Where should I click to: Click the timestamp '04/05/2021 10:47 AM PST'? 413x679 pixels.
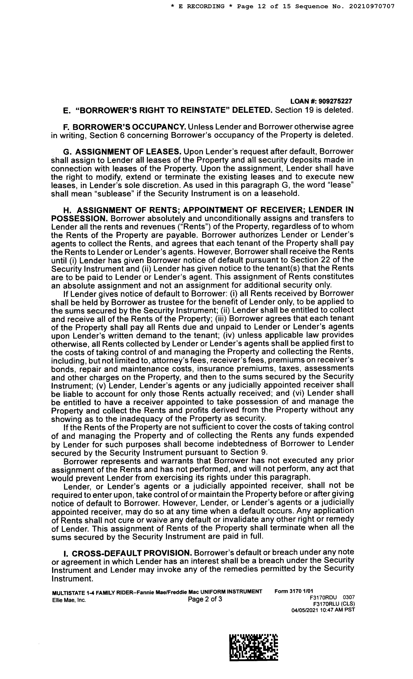tap(323, 610)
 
